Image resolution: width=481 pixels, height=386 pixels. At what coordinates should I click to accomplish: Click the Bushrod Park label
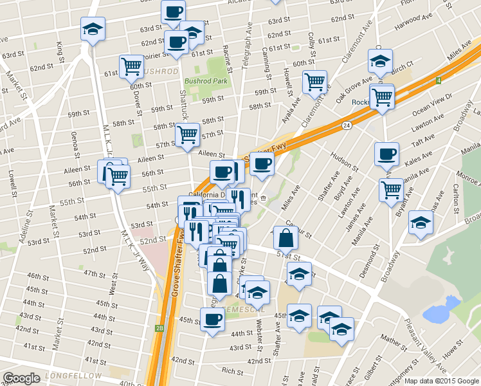point(206,82)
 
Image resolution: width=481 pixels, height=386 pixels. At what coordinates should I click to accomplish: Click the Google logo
point(21,378)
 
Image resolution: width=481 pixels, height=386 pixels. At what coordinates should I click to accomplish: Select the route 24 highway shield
point(346,125)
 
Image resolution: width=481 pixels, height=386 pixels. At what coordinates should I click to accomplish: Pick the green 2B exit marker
point(159,328)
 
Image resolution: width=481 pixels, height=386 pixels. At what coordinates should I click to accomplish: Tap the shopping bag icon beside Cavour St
point(286,238)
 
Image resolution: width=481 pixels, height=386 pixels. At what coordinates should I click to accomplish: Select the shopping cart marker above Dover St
point(131,66)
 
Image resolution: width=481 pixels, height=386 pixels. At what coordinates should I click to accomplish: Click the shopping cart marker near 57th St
point(187,134)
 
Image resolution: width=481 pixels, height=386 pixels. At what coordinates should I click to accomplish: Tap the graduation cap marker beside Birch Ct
point(380,61)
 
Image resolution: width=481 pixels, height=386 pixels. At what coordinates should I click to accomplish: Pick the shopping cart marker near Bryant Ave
point(391,190)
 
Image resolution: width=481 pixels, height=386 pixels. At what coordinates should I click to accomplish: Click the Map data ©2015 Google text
point(441,380)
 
